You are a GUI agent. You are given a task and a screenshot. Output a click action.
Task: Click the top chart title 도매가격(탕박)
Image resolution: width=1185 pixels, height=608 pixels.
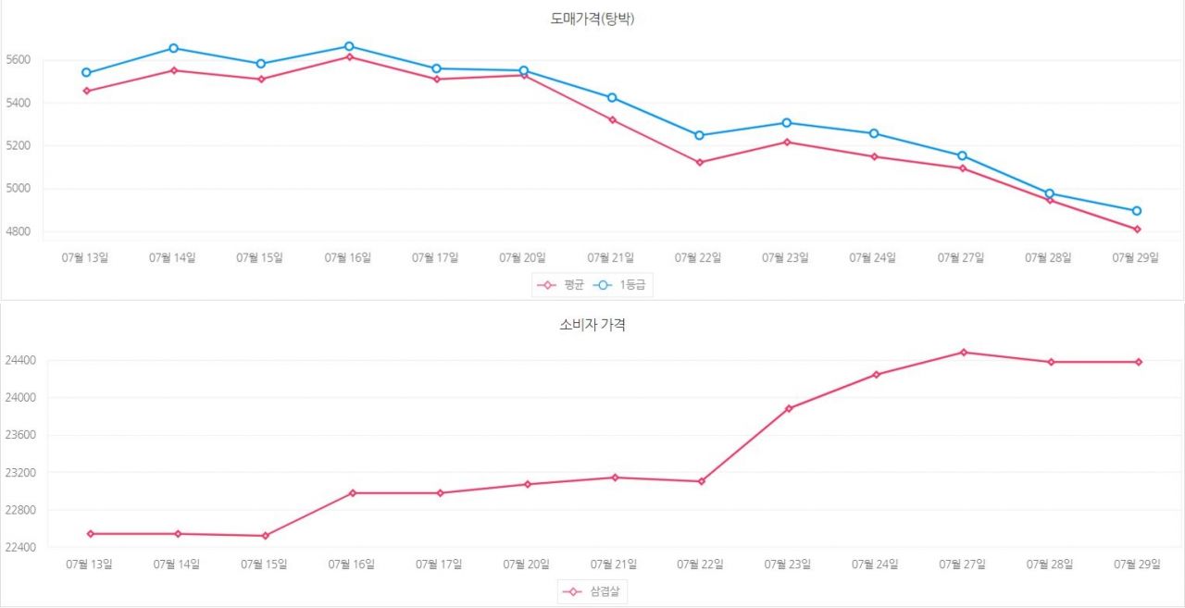[592, 19]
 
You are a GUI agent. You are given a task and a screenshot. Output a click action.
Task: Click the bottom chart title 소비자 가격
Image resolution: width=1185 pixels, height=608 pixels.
[592, 325]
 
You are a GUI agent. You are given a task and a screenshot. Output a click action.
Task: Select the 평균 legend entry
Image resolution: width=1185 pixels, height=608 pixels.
[562, 285]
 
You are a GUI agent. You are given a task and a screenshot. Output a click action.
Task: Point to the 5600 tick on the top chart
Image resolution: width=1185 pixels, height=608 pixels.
[18, 60]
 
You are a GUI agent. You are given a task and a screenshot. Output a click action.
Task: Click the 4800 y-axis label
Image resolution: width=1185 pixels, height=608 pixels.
[18, 231]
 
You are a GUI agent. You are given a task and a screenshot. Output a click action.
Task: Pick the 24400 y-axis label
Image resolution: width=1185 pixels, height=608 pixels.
[20, 360]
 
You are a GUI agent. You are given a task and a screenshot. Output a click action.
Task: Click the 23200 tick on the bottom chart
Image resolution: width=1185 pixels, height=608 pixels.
[20, 473]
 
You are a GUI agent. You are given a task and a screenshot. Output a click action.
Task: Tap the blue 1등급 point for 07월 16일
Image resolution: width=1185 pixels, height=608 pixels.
[349, 46]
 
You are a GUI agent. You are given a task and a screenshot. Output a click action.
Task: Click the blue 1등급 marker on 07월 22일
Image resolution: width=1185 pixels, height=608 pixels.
[699, 135]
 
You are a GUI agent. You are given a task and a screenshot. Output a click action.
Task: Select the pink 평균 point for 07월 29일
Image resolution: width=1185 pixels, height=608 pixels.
[1137, 229]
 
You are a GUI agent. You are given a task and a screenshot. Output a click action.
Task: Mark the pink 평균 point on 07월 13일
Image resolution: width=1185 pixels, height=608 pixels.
[86, 91]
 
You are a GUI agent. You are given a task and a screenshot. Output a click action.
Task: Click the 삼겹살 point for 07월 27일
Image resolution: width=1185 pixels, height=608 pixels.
[964, 352]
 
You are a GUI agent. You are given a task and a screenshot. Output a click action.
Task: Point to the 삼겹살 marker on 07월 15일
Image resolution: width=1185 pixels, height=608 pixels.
[265, 536]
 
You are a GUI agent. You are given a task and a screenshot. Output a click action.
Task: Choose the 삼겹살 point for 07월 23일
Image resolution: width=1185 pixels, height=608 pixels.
[789, 408]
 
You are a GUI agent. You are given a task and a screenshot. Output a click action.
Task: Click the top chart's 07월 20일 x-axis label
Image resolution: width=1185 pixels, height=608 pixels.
[523, 258]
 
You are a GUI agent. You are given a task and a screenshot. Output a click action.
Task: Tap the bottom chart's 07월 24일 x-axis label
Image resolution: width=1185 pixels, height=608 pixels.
[875, 564]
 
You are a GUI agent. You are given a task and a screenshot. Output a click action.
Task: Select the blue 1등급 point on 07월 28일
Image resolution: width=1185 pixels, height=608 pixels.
[1049, 193]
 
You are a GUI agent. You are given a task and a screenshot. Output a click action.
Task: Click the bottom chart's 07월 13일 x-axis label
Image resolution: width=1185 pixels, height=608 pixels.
[90, 564]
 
